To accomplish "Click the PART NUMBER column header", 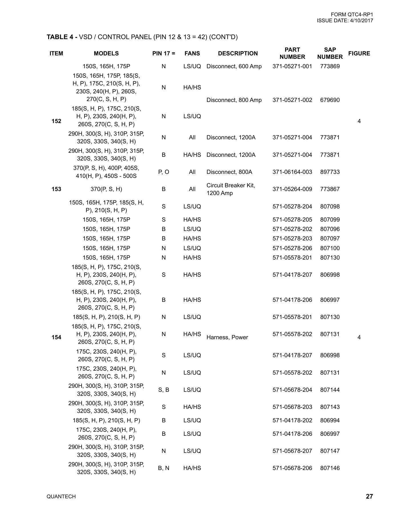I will pos(292,53).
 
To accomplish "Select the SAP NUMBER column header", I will pos(330,53).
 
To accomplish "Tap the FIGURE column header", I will pos(359,53).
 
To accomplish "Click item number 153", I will pos(56,189).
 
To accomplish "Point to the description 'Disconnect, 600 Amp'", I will pos(234,67).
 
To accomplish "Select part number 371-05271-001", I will pos(292,67).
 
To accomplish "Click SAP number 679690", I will pos(330,100).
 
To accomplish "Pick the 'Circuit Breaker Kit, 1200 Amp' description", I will pos(231,189).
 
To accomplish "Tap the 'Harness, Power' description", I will pos(227,338).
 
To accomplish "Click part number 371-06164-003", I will pos(292,172).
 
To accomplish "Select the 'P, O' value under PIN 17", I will pos(164,172).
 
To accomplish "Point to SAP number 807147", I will pos(330,451).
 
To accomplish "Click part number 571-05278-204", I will pos(292,207).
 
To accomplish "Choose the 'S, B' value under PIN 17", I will pos(164,390).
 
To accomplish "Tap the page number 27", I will pos(369,497).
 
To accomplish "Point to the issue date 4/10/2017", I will pos(361,21).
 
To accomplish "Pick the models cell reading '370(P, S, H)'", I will pos(106,189).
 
